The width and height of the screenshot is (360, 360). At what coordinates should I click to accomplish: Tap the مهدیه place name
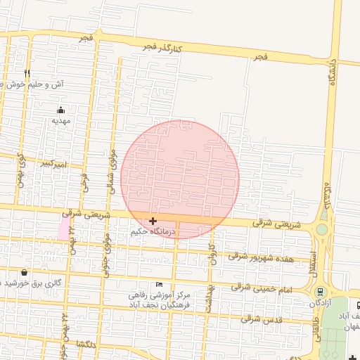pos(61,121)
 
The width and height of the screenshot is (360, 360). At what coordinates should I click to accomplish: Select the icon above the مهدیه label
pos(61,110)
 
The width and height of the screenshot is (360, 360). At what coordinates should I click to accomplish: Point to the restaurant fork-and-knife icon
pos(27,73)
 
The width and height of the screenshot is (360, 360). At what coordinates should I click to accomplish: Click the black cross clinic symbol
pos(153,221)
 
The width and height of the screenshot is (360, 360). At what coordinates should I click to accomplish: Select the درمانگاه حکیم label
pos(150,231)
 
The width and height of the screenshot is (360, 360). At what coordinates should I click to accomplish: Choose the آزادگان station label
pos(320,303)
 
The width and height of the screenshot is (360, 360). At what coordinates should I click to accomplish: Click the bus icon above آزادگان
pos(320,292)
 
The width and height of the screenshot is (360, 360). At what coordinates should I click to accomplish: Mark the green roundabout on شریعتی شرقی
pos(322,229)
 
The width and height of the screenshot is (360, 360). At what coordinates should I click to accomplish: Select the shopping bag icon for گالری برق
pos(25,272)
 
